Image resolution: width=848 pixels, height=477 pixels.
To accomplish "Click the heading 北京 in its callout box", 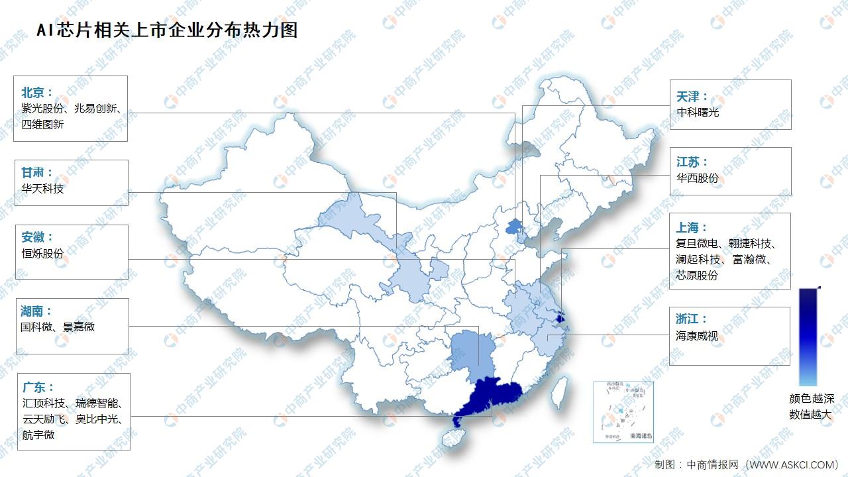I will tap(36, 92).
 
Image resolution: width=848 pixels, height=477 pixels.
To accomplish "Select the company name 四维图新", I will tap(42, 124).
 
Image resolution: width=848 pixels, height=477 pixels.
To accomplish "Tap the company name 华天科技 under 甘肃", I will tap(42, 189).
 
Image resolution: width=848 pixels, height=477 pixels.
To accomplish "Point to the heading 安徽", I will tap(36, 237).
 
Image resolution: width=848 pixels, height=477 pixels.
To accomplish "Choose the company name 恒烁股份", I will tap(42, 254).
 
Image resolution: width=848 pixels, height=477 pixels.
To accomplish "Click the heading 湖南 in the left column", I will tap(36, 310).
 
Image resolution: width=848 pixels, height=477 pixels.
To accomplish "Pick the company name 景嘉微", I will tap(79, 327).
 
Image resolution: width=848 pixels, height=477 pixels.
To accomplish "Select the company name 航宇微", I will tap(38, 435).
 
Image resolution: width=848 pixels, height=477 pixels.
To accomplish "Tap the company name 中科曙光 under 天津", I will tap(698, 113).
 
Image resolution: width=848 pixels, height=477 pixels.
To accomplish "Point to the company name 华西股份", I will tap(698, 178).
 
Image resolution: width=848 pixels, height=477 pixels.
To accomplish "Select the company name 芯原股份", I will tap(698, 276).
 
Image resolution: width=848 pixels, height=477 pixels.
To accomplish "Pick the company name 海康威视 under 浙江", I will tap(698, 337).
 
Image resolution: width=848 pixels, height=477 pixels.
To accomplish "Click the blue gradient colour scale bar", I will tap(808, 337).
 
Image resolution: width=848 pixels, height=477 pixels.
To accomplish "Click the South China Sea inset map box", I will tap(623, 411).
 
